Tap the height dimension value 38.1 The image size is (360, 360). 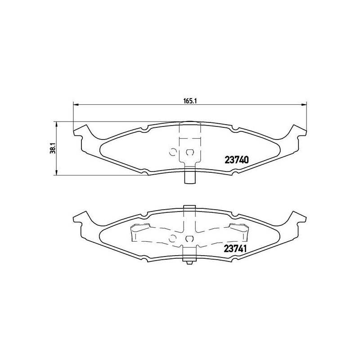point(52,148)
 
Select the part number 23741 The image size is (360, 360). point(237,247)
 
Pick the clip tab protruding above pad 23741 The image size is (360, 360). point(189,209)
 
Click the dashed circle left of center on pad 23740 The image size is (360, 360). point(172,152)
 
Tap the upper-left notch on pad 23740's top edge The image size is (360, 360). point(144,130)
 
